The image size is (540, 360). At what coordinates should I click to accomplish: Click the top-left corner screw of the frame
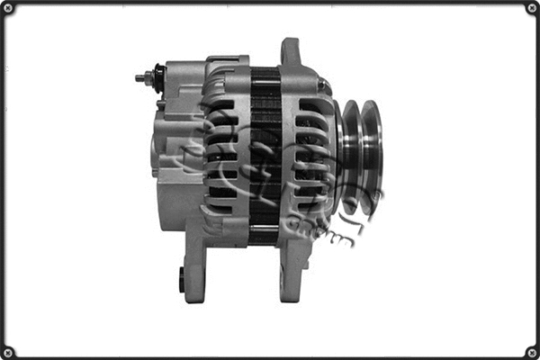(8, 8)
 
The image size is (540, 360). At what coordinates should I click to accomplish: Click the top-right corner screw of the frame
(532, 8)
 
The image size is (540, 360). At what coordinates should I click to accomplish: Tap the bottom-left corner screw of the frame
(8, 352)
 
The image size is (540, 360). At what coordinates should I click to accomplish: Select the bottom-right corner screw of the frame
(532, 352)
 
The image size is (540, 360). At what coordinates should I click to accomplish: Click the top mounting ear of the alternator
(290, 52)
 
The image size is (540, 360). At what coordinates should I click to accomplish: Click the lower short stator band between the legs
(264, 236)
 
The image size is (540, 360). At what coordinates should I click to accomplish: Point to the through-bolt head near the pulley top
(323, 86)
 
